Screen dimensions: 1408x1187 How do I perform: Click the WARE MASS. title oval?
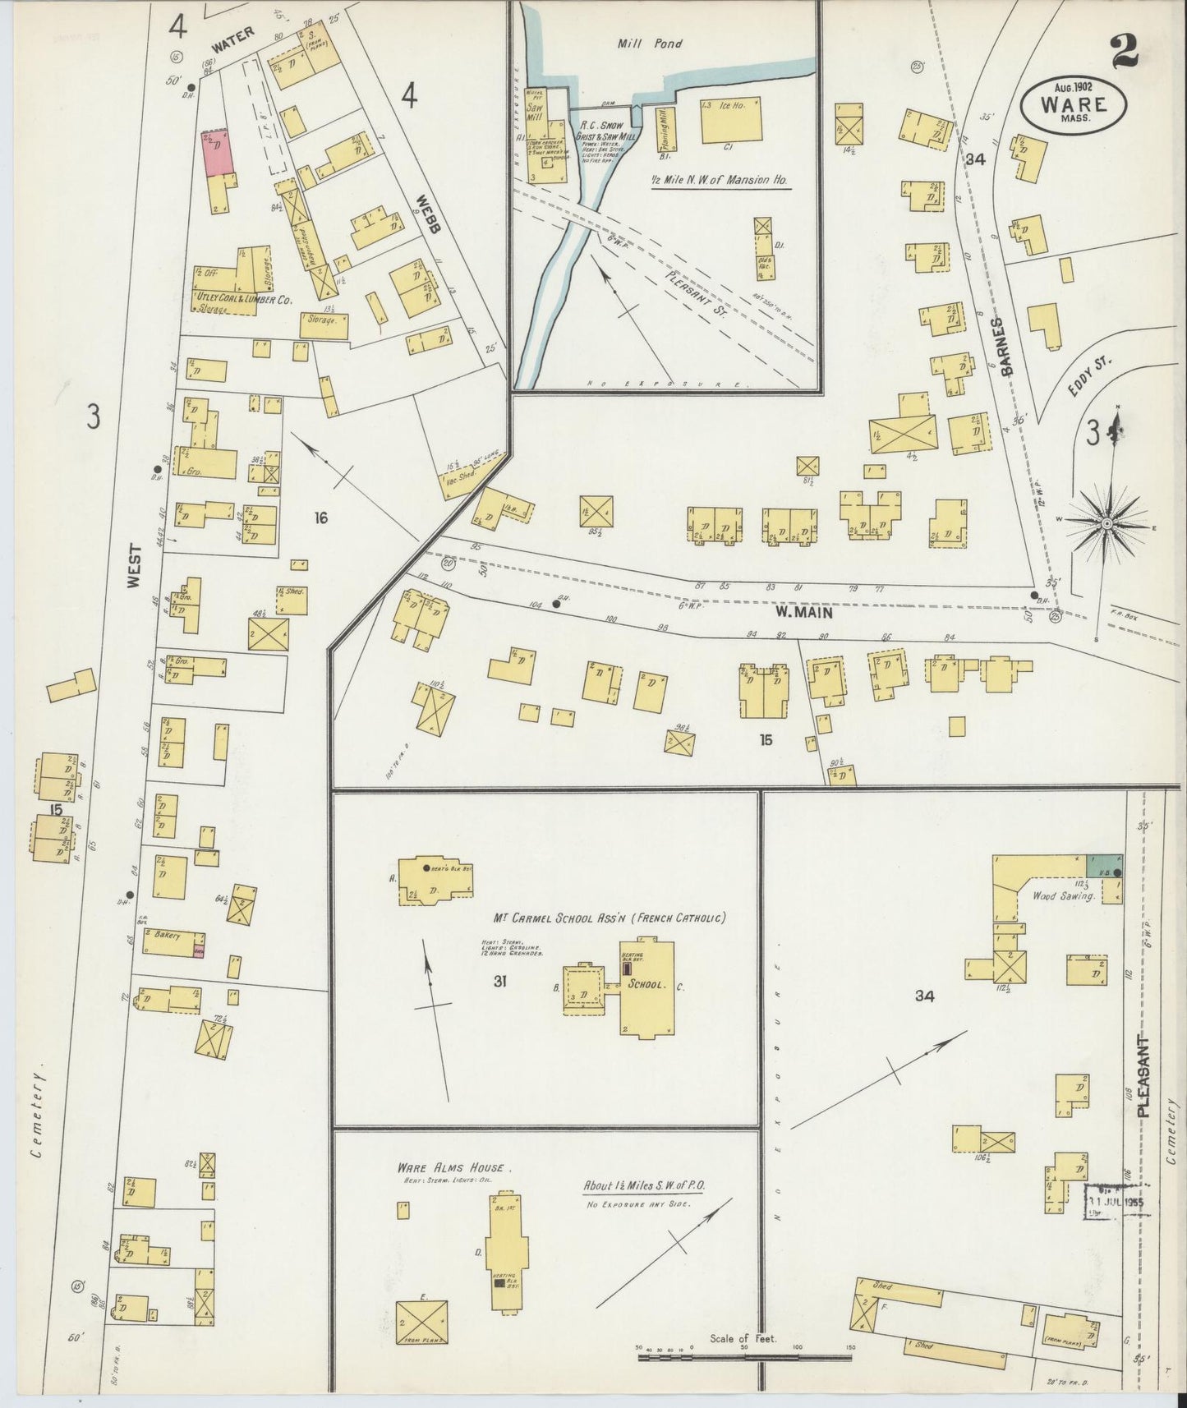pyautogui.click(x=1073, y=105)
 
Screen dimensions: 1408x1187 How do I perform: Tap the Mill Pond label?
pyautogui.click(x=649, y=44)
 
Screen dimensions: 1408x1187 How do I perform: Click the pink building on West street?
pyautogui.click(x=218, y=152)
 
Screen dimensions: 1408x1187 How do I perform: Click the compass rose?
pyautogui.click(x=1106, y=523)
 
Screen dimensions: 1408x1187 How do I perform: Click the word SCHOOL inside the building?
pyautogui.click(x=645, y=983)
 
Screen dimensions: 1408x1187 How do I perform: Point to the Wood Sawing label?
pyautogui.click(x=1064, y=896)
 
